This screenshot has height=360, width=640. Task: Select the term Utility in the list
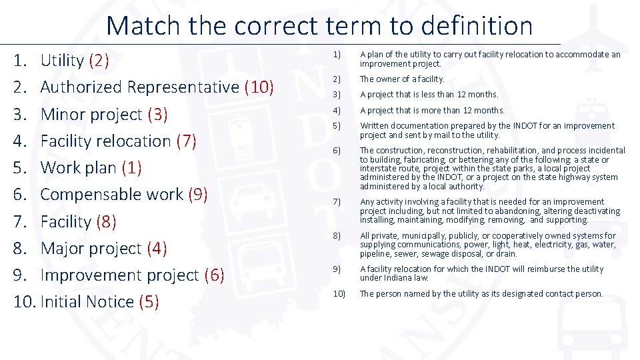click(x=62, y=61)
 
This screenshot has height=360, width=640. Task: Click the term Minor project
click(x=91, y=114)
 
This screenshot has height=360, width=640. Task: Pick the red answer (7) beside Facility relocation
click(x=186, y=141)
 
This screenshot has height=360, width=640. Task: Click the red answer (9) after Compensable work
click(x=199, y=195)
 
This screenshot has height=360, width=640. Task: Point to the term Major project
click(x=91, y=249)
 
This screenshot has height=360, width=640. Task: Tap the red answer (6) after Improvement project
click(x=214, y=275)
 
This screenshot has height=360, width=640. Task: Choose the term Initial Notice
click(x=87, y=302)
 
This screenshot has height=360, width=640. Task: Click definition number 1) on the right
click(x=337, y=55)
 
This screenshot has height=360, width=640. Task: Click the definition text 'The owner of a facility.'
click(x=402, y=79)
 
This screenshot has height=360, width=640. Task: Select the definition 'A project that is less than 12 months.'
click(x=429, y=95)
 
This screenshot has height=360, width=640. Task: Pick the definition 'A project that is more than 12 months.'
click(x=432, y=111)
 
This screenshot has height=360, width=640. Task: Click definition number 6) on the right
click(x=337, y=151)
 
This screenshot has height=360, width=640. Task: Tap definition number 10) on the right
click(x=339, y=294)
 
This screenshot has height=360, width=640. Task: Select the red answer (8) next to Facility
click(x=107, y=222)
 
